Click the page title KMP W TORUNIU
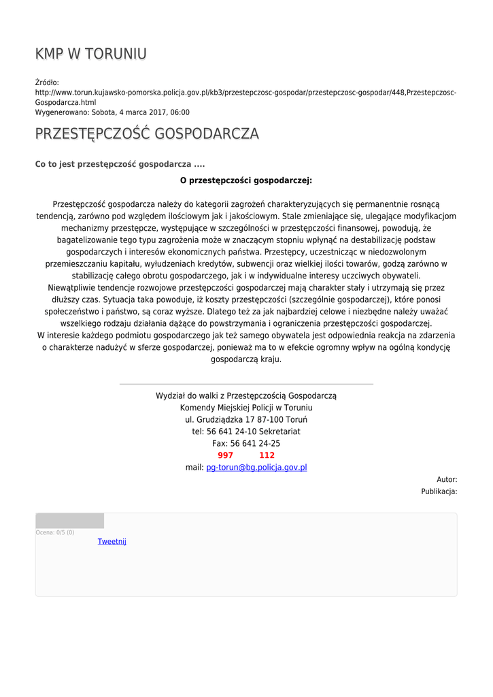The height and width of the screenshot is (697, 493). (90, 54)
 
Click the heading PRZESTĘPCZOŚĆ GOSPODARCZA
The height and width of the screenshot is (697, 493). (147, 133)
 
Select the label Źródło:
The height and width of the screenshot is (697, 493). (47, 82)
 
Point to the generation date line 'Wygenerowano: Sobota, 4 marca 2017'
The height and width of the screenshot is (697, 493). (112, 112)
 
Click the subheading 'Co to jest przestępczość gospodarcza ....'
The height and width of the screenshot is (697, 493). (120, 164)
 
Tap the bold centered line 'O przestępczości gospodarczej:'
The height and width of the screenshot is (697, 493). (246, 180)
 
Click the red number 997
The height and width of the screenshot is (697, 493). (225, 455)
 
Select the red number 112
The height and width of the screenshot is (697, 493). (267, 455)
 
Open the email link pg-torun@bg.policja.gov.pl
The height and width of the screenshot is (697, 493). (256, 468)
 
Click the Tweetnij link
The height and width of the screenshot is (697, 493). (112, 542)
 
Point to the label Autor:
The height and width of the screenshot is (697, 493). (447, 480)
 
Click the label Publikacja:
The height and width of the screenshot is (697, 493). (439, 491)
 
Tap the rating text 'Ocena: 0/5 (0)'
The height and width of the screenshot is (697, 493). (55, 532)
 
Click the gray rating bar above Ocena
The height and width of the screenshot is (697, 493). (69, 521)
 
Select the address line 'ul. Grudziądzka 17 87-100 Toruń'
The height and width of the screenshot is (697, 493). (246, 419)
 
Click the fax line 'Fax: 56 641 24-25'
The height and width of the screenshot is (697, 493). (246, 443)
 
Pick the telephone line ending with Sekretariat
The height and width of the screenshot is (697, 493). (246, 432)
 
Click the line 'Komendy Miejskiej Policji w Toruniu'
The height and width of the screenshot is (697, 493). (246, 407)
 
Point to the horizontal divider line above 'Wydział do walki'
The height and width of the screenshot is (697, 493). (246, 384)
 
